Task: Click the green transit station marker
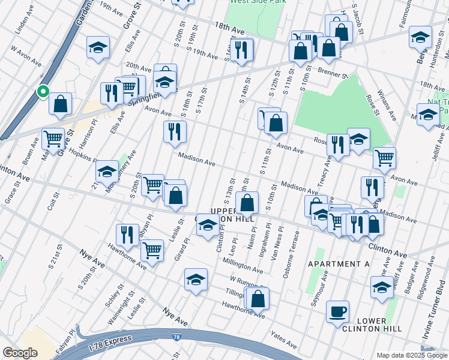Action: (x=43, y=92)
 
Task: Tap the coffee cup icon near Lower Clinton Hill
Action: (x=337, y=311)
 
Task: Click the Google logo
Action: (x=20, y=353)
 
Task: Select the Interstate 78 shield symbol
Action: (x=176, y=338)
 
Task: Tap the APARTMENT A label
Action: (x=339, y=264)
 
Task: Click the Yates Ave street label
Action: (x=283, y=342)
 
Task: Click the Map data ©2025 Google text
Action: (x=412, y=355)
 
